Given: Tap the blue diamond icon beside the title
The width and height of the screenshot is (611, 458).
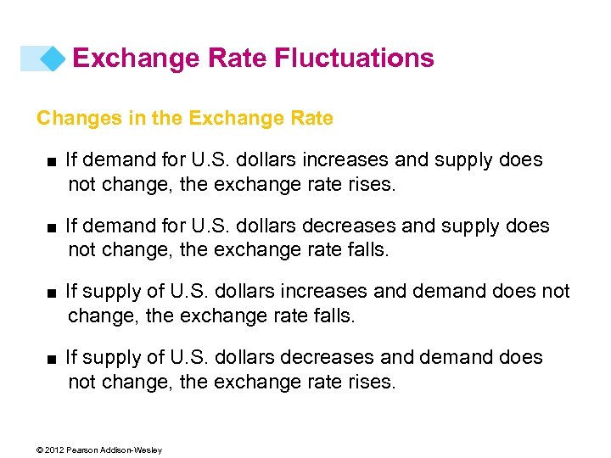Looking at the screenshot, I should [53, 59].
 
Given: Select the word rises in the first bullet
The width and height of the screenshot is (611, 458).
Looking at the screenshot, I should [371, 184].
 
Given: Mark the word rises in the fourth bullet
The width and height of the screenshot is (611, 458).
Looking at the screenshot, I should [371, 383].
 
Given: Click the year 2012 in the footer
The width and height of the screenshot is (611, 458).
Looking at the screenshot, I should [55, 450].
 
